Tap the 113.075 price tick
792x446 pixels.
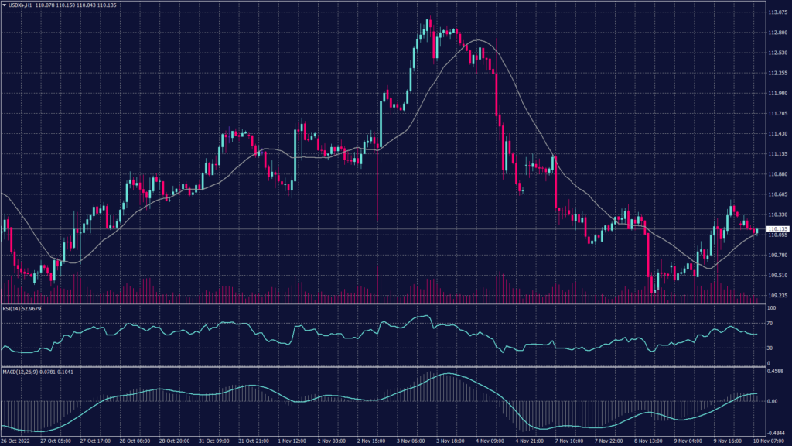point(777,12)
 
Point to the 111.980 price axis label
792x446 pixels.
point(777,93)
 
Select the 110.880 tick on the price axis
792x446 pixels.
point(777,174)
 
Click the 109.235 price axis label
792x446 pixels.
point(777,296)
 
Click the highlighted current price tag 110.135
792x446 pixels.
point(777,229)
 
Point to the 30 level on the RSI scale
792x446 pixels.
point(770,348)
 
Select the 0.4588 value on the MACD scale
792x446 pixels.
point(776,371)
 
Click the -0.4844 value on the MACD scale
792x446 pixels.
point(777,434)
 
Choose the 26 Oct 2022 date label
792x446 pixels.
point(15,441)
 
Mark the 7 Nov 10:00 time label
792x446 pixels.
point(568,441)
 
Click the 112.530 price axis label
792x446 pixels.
point(777,53)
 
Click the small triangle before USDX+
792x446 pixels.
point(4,5)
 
